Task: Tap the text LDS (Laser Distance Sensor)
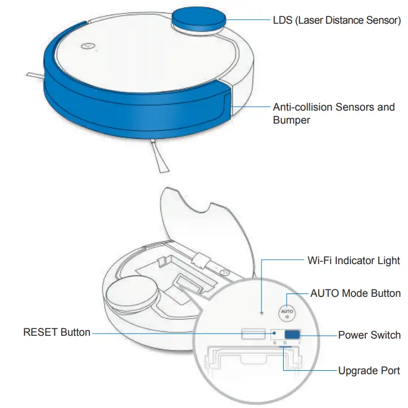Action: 337,20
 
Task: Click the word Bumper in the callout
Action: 292,120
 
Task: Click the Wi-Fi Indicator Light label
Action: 354,261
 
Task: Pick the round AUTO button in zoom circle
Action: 287,312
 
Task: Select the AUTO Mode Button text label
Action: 355,293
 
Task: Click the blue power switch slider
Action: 292,335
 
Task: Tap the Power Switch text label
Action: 369,335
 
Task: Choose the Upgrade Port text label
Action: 368,371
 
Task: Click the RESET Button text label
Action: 57,332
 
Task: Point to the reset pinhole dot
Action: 274,334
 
